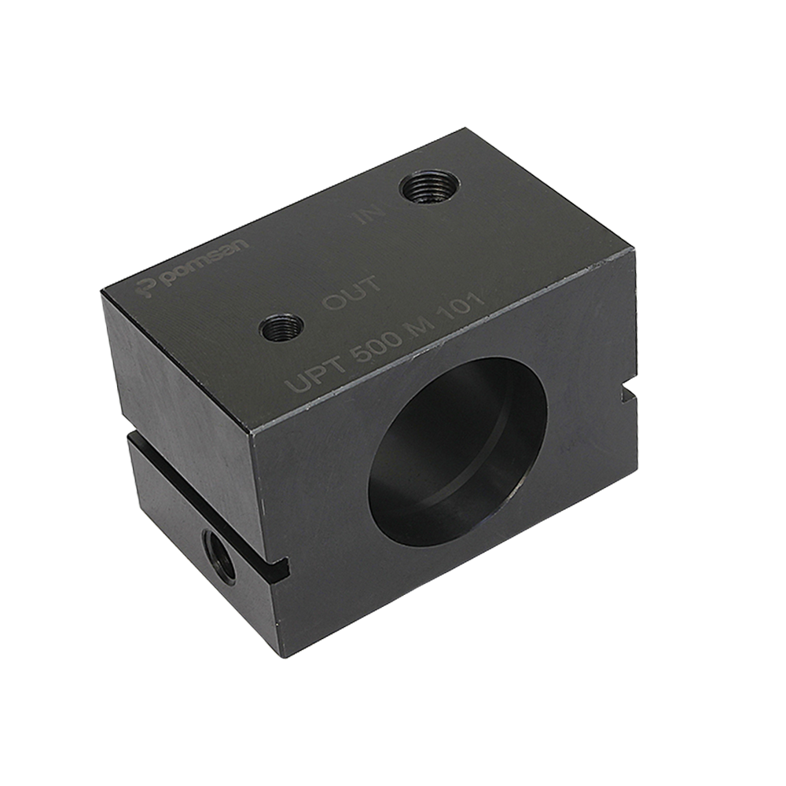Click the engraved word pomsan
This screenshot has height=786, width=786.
point(206,263)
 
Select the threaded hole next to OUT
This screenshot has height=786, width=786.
point(281,329)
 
